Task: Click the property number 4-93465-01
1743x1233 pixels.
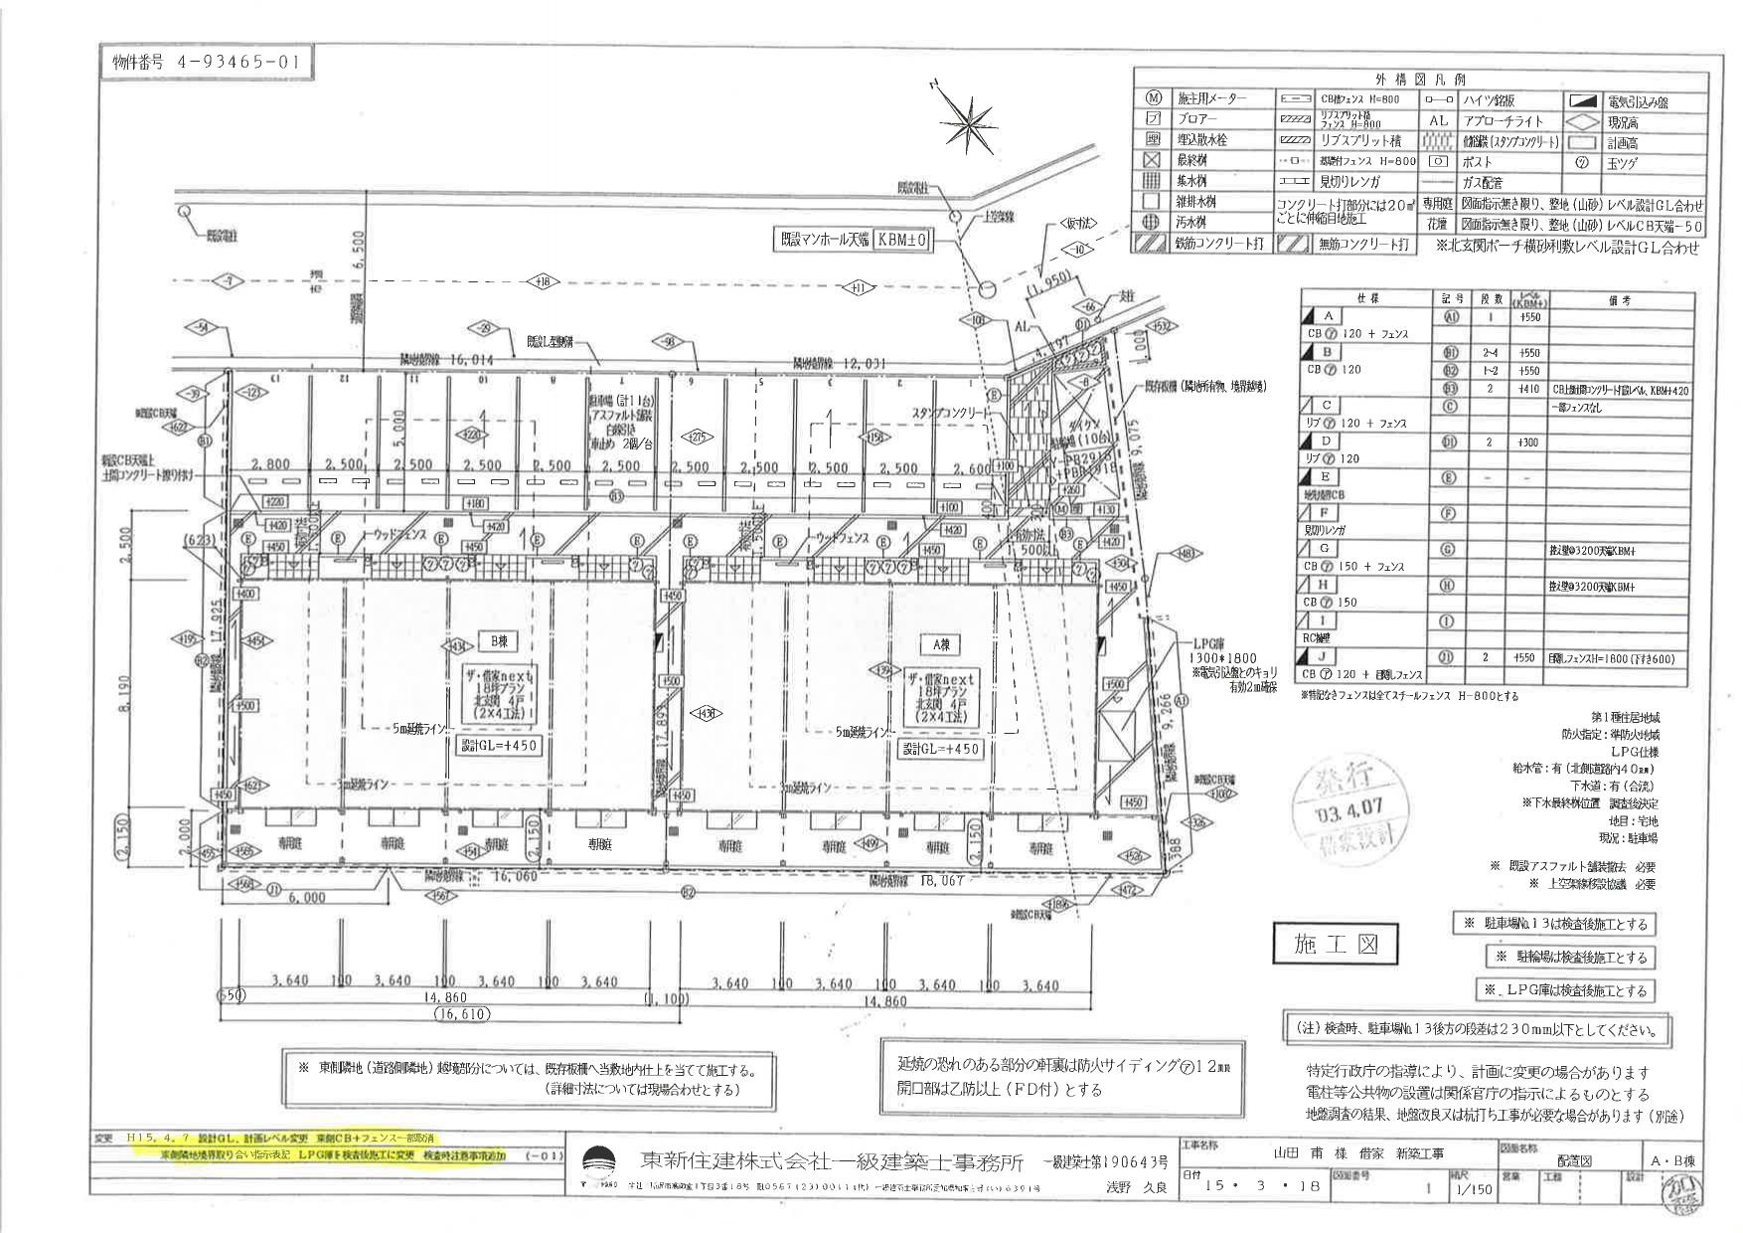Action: coord(205,62)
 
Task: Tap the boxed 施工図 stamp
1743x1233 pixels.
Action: coord(1336,944)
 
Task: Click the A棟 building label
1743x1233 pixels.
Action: coord(941,644)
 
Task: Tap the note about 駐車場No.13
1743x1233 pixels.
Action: coord(1554,924)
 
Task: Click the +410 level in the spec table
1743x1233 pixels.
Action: coord(1529,390)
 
